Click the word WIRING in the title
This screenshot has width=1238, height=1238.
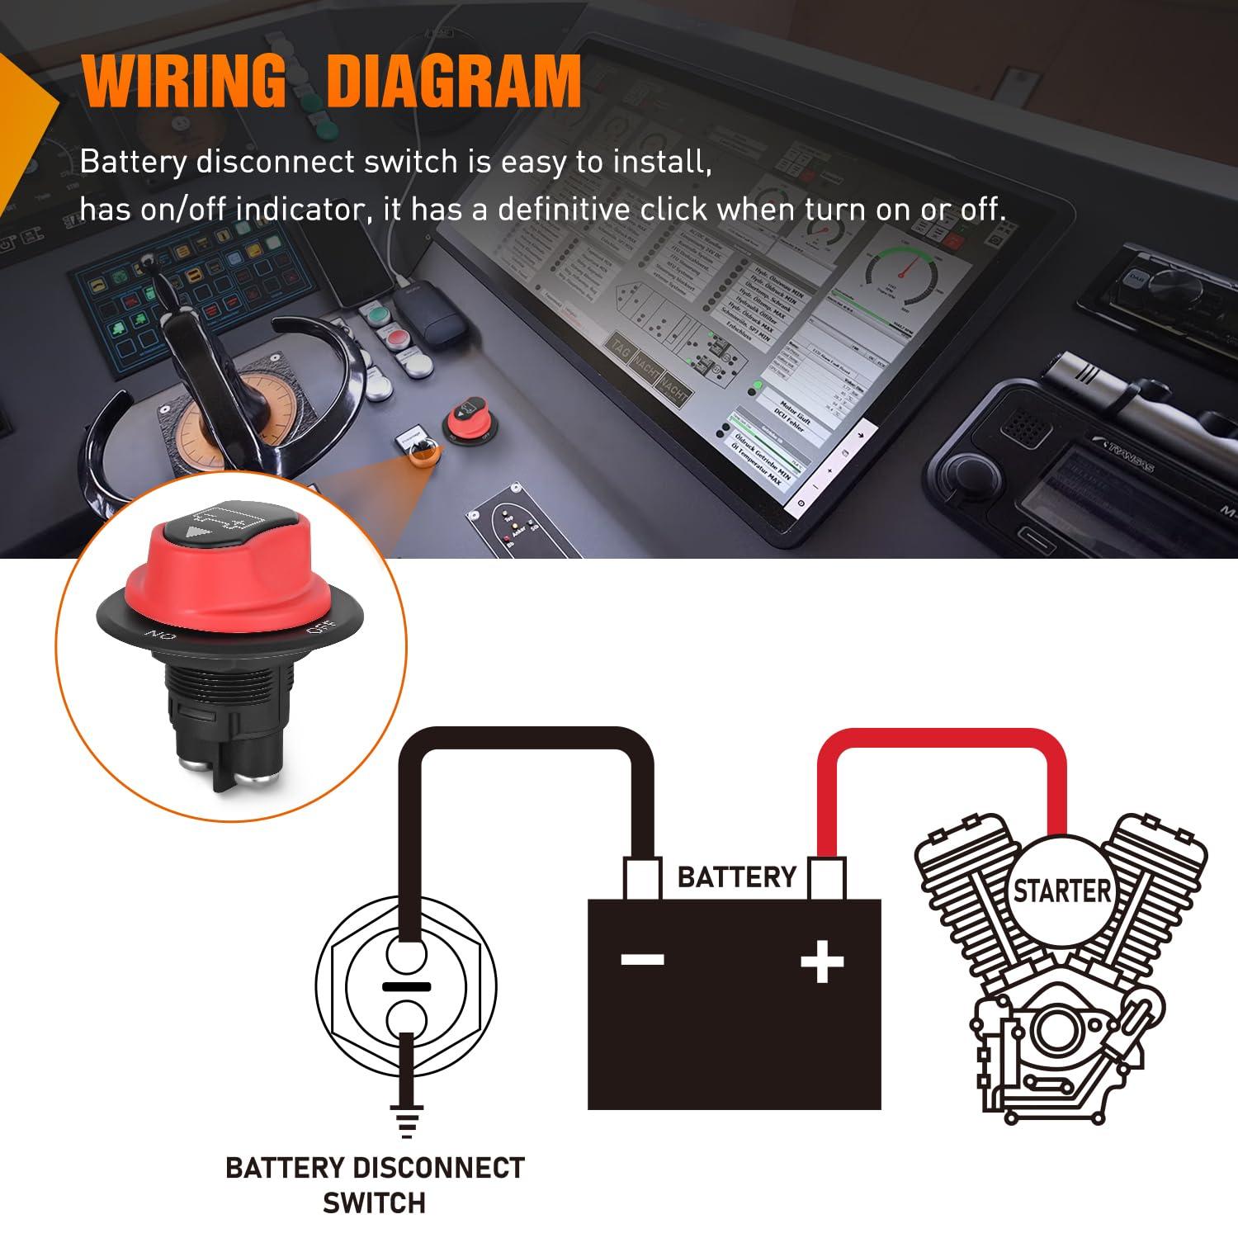click(183, 81)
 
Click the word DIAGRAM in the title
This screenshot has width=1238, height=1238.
click(454, 81)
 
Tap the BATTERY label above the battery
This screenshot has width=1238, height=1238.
click(736, 877)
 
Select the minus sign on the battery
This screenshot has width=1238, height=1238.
click(643, 959)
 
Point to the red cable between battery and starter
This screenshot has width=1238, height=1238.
click(941, 741)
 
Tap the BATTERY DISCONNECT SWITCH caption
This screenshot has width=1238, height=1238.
click(375, 1185)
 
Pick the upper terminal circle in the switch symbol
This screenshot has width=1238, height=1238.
click(405, 956)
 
